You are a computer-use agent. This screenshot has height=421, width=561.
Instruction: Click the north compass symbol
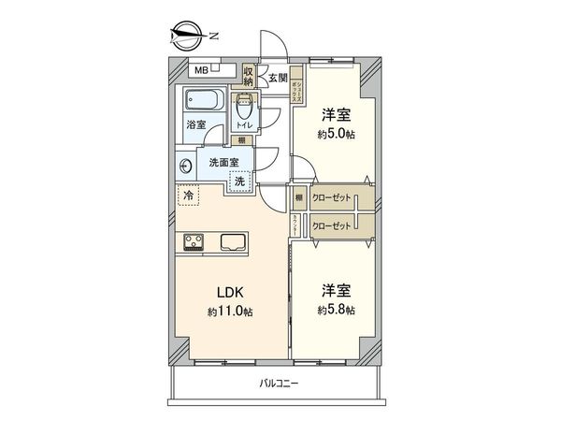click(188, 36)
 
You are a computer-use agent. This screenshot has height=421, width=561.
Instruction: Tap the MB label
click(201, 69)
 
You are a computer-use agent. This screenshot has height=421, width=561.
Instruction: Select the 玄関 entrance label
click(278, 78)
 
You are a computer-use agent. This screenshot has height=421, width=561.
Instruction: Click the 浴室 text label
click(194, 124)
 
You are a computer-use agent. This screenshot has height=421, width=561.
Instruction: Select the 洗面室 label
click(223, 162)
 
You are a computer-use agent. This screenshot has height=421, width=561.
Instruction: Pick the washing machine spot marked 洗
click(239, 181)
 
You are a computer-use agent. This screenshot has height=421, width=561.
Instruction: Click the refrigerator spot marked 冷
click(189, 196)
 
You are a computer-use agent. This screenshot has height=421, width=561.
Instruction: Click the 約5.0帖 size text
click(337, 135)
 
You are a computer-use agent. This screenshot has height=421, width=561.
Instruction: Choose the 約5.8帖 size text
click(337, 310)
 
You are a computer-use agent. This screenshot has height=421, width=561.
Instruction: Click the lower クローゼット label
click(332, 225)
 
